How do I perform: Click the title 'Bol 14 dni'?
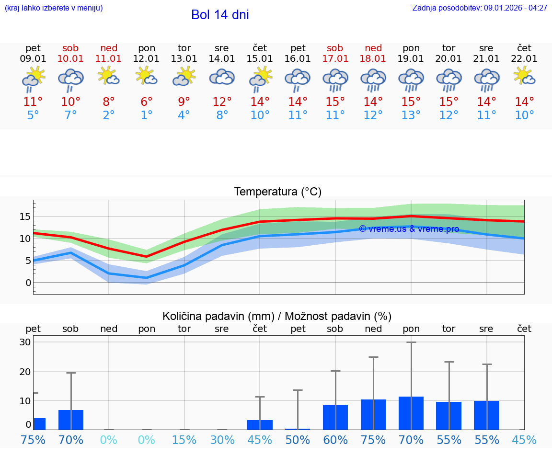pyautogui.click(x=220, y=15)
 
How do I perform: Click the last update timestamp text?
pyautogui.click(x=480, y=8)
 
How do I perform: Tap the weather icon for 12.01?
pyautogui.click(x=147, y=76)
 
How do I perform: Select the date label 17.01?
pyautogui.click(x=335, y=59)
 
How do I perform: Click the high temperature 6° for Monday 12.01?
pyautogui.click(x=147, y=102)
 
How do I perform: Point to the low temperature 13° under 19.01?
pyautogui.click(x=411, y=115)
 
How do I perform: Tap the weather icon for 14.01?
pyautogui.click(x=222, y=77)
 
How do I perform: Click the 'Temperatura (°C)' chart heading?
pyautogui.click(x=277, y=192)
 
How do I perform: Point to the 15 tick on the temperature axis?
pyautogui.click(x=25, y=217)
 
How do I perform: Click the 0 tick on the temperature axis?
pyautogui.click(x=28, y=283)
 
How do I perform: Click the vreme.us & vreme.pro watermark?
pyautogui.click(x=409, y=229)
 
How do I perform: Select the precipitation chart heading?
pyautogui.click(x=277, y=316)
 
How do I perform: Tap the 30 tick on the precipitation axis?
pyautogui.click(x=25, y=342)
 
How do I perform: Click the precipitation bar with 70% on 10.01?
pyautogui.click(x=71, y=420)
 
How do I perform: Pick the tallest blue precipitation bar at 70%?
pyautogui.click(x=411, y=413)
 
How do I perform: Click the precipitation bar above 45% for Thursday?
pyautogui.click(x=260, y=425)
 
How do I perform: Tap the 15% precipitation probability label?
pyautogui.click(x=184, y=440)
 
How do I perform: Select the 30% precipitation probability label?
pyautogui.click(x=222, y=440)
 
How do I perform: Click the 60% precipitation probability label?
pyautogui.click(x=335, y=440)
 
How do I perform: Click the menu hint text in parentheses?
pyautogui.click(x=54, y=8)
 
